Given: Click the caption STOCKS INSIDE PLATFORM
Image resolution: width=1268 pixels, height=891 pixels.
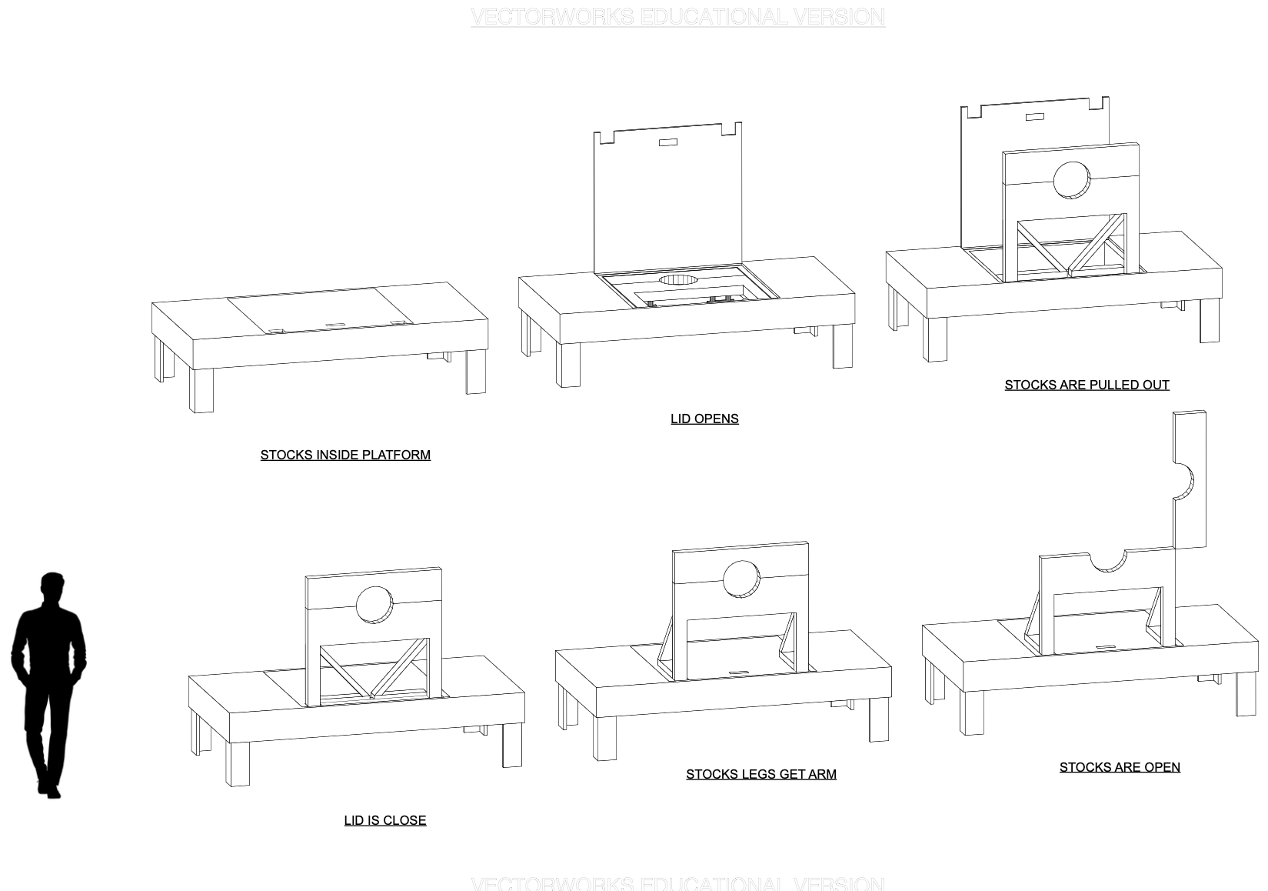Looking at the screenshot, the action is (345, 455).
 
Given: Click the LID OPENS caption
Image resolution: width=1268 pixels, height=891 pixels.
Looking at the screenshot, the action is (704, 419).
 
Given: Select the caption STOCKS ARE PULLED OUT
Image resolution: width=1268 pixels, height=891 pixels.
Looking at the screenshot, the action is (1087, 385).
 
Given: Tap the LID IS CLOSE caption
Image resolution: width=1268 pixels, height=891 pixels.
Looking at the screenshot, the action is (384, 820).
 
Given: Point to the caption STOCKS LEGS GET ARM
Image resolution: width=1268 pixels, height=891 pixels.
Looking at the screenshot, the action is (760, 774).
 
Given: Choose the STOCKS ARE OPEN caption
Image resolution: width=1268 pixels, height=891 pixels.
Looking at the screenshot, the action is (1119, 767).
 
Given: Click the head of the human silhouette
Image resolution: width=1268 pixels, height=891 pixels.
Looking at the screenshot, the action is (52, 587).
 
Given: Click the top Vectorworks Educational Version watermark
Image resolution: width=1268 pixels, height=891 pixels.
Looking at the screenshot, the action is (677, 17).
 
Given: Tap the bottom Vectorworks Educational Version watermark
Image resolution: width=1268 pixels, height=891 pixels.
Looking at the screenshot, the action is (677, 883).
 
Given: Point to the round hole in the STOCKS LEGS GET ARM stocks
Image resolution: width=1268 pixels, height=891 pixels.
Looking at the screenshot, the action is (741, 579).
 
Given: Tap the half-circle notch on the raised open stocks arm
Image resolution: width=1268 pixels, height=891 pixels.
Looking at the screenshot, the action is (1183, 482).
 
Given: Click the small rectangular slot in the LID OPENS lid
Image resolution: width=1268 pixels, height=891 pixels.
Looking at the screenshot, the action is (667, 142).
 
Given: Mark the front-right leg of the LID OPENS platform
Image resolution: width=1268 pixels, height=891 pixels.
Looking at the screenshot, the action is (841, 348).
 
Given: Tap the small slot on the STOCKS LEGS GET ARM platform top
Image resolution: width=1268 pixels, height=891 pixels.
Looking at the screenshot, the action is (739, 673).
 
